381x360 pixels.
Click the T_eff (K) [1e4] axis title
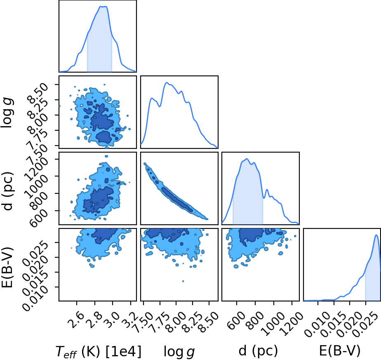(99, 351)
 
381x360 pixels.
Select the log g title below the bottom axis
(179, 351)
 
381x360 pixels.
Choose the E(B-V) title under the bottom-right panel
(339, 351)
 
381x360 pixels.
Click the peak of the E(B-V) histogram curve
(376, 235)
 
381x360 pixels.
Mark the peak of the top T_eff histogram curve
(103, 7)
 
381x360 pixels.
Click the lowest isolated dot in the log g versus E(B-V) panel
(183, 281)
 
